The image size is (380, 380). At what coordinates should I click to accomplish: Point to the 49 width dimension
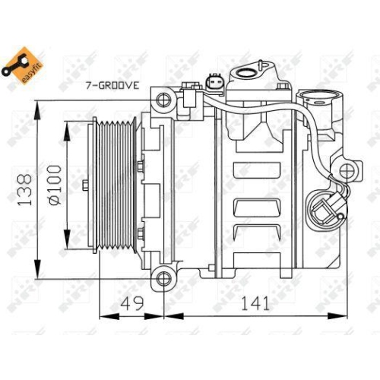[x=134, y=304]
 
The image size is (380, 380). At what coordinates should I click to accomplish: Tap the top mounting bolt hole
[x=162, y=99]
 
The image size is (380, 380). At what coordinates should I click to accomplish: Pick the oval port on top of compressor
[x=248, y=74]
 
